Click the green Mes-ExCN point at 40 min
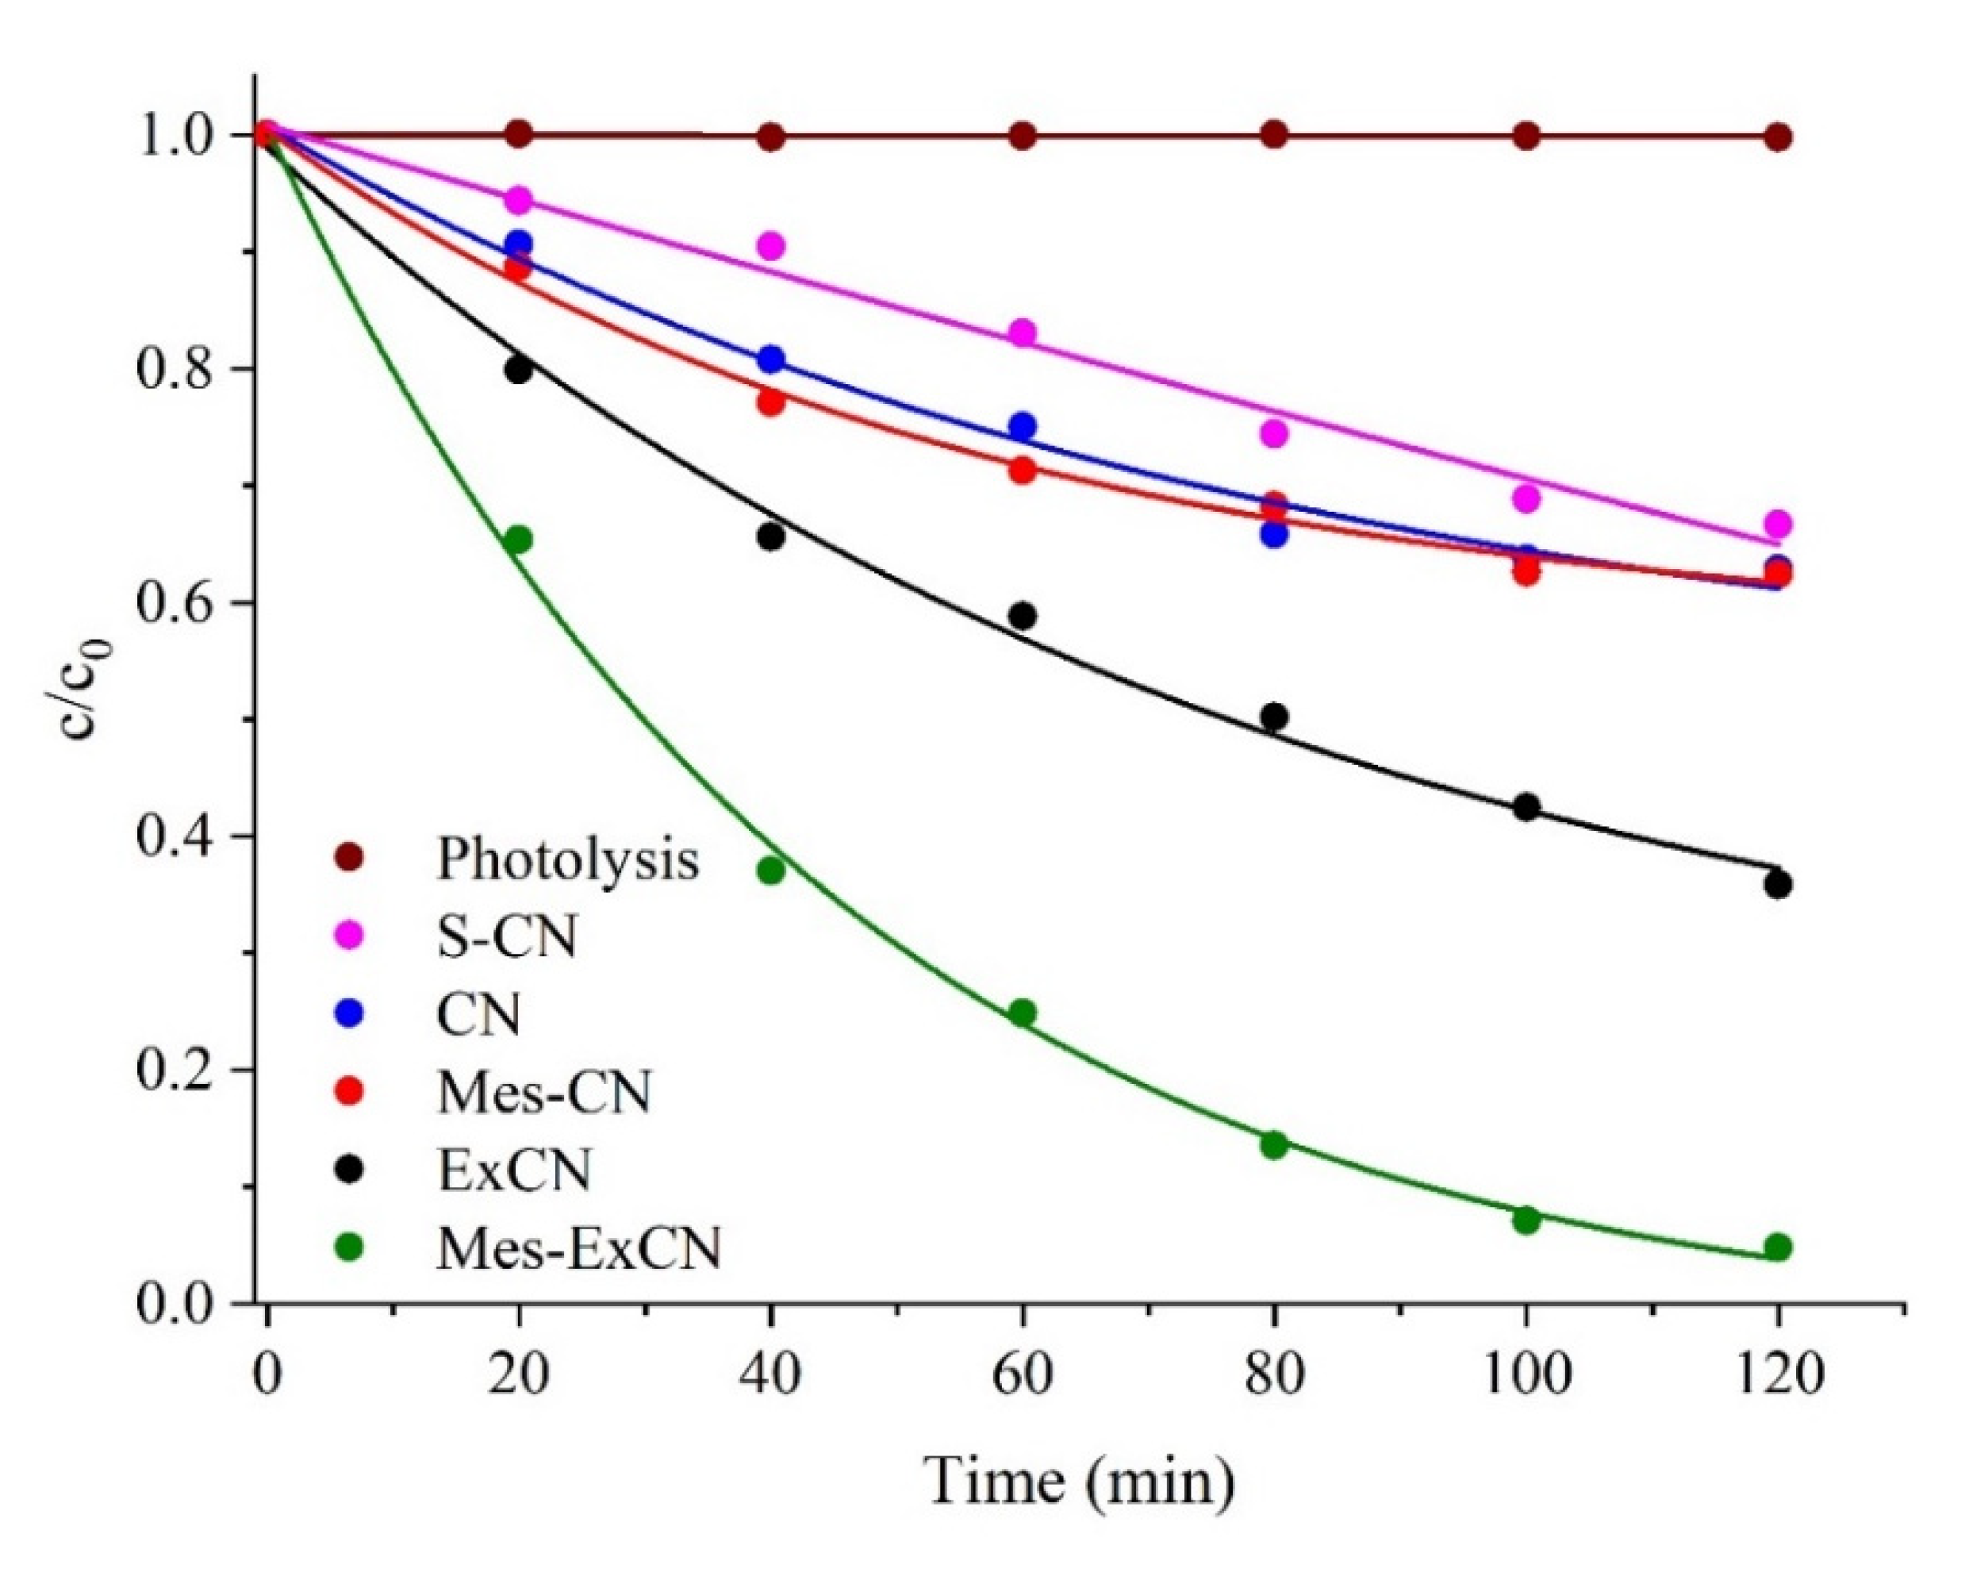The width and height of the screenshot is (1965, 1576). (771, 871)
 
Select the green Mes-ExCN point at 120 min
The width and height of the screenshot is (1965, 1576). (1777, 1247)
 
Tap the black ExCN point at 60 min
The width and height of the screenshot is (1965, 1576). (1023, 616)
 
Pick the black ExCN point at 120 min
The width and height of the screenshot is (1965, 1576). (1777, 885)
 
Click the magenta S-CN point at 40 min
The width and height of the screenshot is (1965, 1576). (771, 246)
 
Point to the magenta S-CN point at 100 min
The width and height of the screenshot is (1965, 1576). (1526, 498)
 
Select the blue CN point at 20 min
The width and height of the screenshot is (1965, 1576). (519, 244)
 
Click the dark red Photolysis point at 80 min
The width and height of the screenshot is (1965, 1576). (1274, 136)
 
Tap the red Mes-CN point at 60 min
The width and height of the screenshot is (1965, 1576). (1023, 471)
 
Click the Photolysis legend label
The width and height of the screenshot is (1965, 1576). (567, 859)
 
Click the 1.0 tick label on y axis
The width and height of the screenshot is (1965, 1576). (171, 136)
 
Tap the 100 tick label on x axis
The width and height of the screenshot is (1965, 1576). (1526, 1374)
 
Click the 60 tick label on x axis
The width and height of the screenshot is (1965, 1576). (1023, 1374)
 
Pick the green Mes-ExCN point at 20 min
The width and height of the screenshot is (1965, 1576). (519, 540)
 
